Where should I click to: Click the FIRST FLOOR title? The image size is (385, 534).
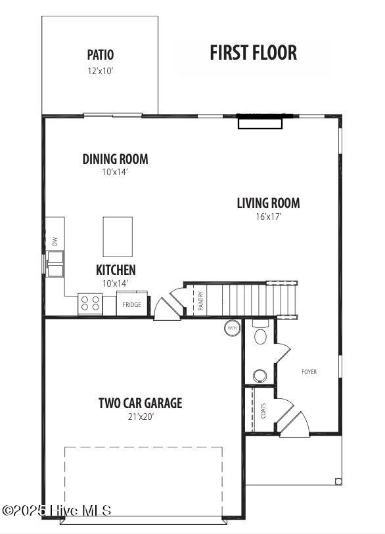(253, 52)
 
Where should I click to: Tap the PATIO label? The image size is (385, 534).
(101, 54)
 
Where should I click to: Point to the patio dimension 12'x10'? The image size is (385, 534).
(101, 71)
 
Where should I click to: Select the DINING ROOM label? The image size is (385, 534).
(115, 159)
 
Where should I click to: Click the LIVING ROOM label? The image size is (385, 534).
(268, 203)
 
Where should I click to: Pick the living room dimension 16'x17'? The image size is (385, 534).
(269, 216)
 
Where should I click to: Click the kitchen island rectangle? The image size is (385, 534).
(118, 237)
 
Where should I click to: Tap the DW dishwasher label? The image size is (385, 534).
(55, 241)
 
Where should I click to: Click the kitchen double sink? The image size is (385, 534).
(55, 264)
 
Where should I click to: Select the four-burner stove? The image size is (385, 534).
(90, 304)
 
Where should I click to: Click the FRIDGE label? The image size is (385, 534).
(131, 305)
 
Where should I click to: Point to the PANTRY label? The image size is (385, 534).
(201, 300)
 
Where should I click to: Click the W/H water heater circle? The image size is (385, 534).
(232, 328)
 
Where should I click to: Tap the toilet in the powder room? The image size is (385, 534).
(261, 333)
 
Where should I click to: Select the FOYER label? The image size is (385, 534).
(309, 372)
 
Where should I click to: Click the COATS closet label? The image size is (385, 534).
(263, 411)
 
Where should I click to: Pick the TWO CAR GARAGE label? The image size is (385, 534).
(141, 403)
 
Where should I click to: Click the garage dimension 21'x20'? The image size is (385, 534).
(141, 417)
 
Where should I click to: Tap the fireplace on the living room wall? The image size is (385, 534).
(260, 122)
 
